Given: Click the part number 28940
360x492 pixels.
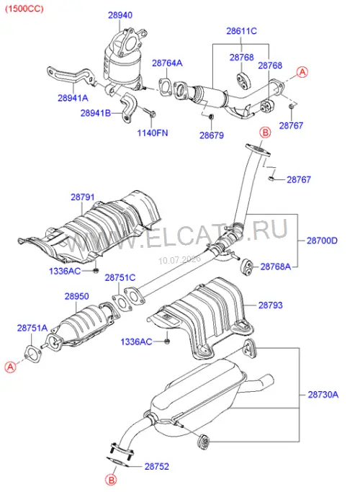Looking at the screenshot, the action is [120, 15].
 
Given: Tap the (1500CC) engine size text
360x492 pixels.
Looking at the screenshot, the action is [24, 9].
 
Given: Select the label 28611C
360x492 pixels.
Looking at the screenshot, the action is [241, 31].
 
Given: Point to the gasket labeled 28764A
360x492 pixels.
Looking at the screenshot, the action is [166, 86].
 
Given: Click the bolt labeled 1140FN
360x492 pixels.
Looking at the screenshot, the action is [150, 112].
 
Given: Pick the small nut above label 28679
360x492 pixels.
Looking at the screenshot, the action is [211, 117].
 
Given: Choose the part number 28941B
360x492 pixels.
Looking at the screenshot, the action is [96, 113].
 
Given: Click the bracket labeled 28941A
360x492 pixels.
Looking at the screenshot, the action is [71, 76].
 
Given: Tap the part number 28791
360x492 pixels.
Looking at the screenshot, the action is [83, 197].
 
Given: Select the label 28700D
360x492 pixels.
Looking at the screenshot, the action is [322, 241].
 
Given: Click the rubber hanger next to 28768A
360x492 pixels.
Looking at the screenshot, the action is [247, 266].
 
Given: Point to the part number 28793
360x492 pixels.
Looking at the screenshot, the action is [270, 305].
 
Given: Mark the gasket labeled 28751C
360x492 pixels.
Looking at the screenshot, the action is [120, 302].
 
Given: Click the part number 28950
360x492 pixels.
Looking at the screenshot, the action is [77, 296].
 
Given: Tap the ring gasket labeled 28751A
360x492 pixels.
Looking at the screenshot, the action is [32, 354].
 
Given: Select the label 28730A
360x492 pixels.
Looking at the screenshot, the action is [323, 395].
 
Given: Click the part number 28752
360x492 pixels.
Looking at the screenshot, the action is [157, 466].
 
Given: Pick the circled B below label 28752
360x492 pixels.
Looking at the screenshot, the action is [111, 480].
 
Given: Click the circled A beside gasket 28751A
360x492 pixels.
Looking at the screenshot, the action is [10, 367].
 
